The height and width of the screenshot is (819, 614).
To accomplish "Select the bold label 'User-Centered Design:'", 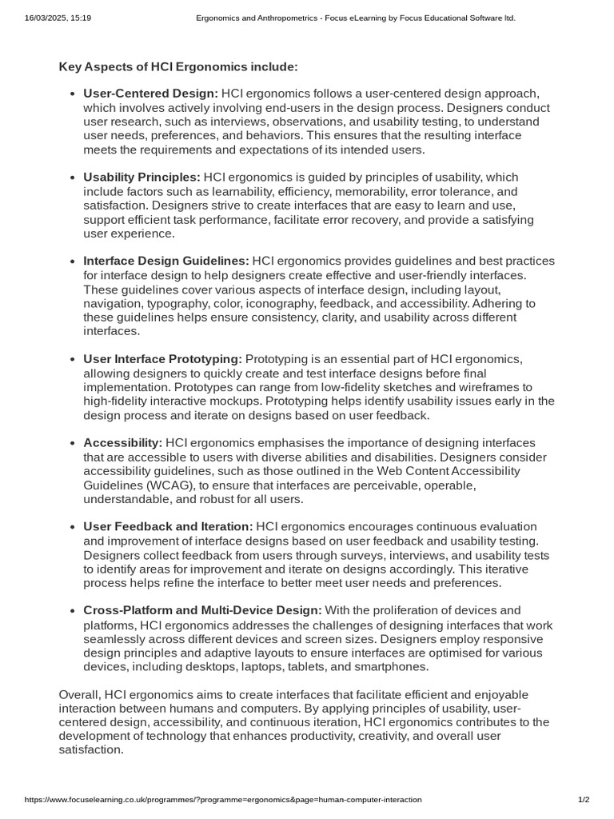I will [x=150, y=94].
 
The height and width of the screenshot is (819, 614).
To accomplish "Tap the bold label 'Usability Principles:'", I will [x=142, y=177].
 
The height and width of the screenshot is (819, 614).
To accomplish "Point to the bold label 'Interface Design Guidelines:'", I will [x=166, y=261].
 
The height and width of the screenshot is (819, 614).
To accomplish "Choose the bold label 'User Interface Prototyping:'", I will [x=162, y=358].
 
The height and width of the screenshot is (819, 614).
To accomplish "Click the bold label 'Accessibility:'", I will [x=122, y=442].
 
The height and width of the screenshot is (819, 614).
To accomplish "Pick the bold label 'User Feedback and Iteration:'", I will [x=168, y=526].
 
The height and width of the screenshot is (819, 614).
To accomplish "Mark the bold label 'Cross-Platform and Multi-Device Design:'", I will [x=202, y=610].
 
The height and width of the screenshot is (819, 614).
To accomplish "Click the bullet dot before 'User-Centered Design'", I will [x=73, y=94].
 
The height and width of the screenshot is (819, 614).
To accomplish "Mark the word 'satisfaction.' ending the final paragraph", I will [x=91, y=749].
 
